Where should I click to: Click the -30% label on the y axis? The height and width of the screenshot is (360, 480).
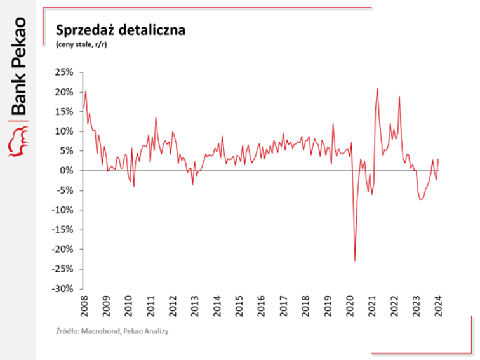[64, 288]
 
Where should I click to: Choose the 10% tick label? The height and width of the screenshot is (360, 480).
[65, 131]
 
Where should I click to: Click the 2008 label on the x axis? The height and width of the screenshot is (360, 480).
[84, 303]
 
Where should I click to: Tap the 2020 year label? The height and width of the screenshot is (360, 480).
[349, 303]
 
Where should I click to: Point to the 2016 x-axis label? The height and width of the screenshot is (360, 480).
[261, 303]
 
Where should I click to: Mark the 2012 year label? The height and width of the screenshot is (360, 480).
[172, 303]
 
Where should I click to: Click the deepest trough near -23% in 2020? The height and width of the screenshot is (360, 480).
[355, 260]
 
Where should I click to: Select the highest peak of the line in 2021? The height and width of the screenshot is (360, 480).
[377, 88]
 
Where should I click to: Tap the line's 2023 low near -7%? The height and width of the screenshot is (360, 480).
[421, 199]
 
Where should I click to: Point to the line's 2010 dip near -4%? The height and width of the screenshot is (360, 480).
[133, 185]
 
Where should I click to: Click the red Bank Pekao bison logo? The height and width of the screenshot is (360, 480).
[18, 140]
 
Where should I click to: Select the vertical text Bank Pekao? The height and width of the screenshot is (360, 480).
[18, 67]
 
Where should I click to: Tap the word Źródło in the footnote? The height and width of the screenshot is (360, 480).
[67, 331]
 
